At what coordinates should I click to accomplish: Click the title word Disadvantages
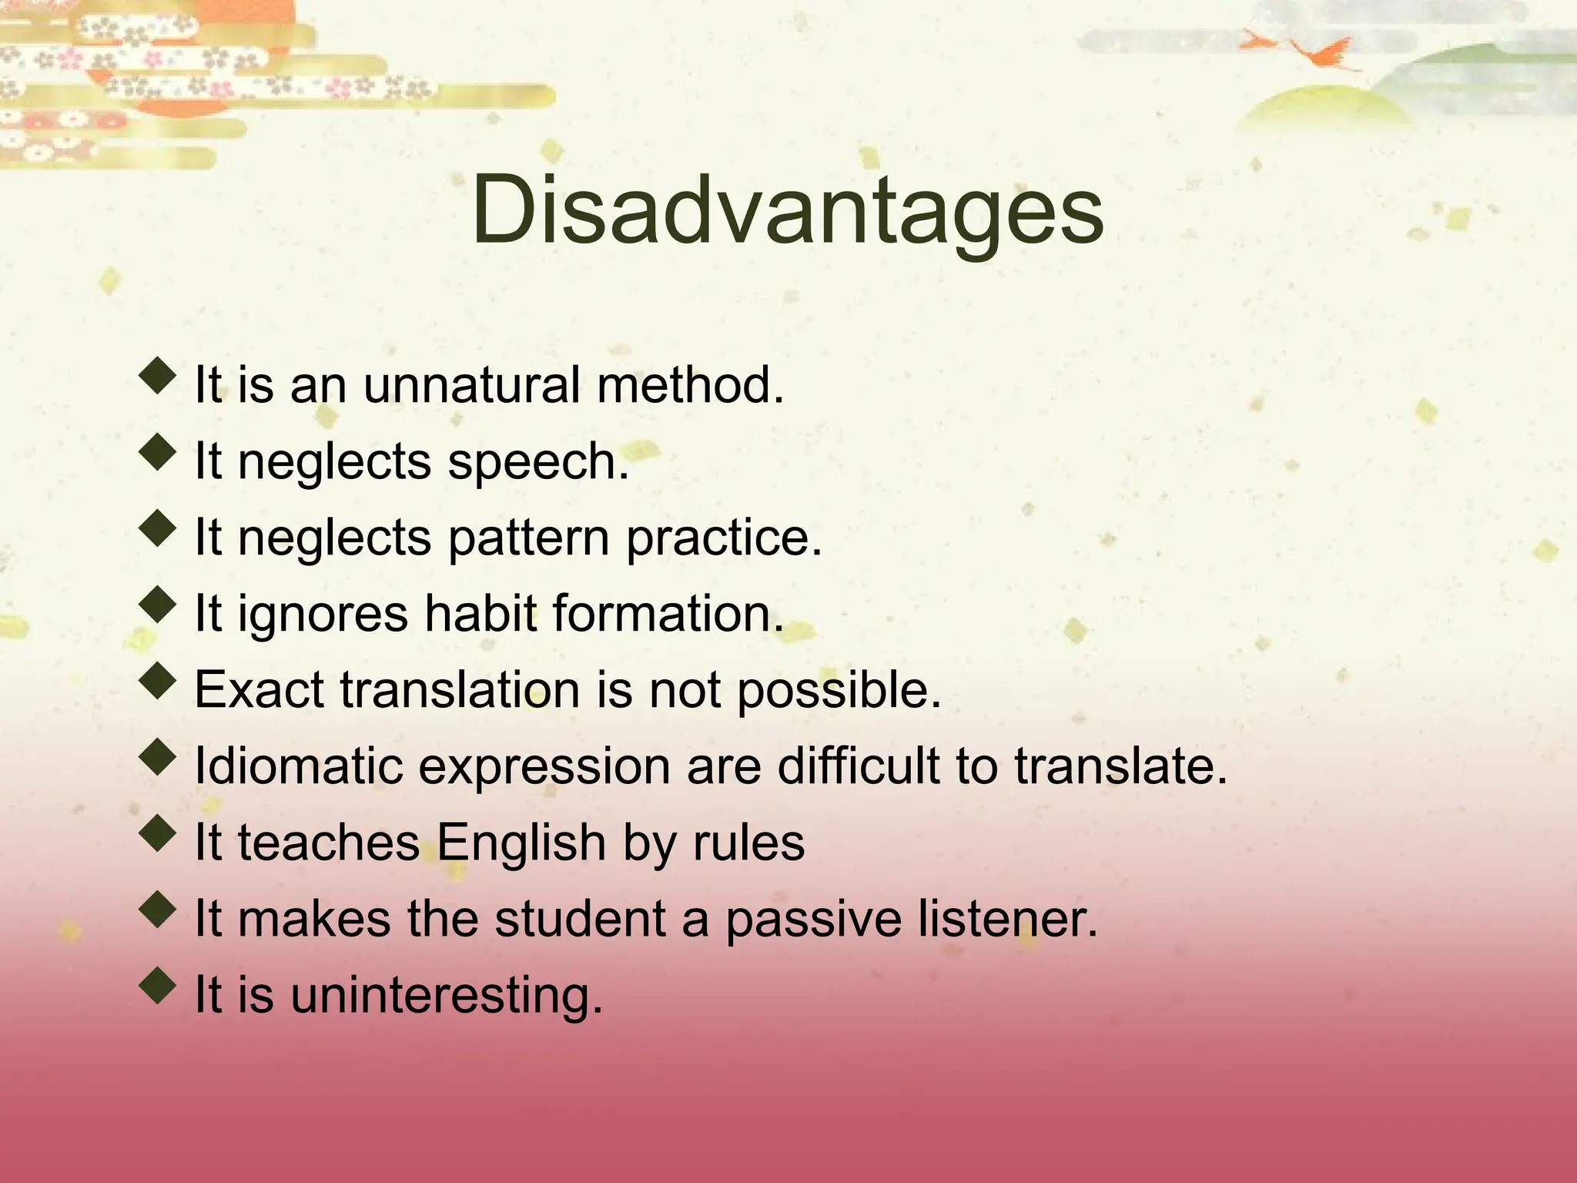(787, 210)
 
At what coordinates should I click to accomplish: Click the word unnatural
(471, 385)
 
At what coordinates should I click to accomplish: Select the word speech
(537, 461)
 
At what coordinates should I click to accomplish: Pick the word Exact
(259, 689)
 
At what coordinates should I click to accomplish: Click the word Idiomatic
(299, 766)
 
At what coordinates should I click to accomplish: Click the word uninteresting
(447, 995)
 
